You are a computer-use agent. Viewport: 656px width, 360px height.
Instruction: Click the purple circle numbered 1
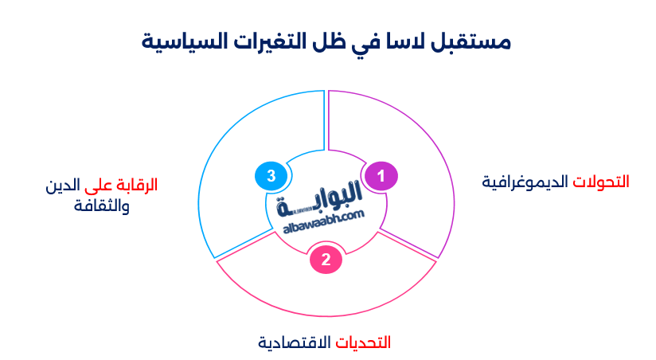381,174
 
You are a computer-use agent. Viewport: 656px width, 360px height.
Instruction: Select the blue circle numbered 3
271,175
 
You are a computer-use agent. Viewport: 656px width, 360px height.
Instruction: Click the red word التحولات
601,182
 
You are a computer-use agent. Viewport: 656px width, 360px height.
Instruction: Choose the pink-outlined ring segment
326,295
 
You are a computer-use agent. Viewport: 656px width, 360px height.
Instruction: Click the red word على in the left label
99,185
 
